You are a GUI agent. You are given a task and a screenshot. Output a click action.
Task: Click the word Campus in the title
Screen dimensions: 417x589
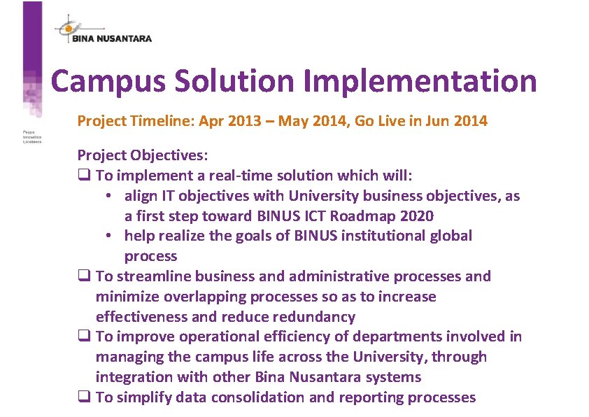(x=107, y=81)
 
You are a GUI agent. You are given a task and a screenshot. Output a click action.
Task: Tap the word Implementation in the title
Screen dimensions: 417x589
(x=421, y=81)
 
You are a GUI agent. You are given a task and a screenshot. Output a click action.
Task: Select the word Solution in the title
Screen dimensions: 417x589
(x=236, y=81)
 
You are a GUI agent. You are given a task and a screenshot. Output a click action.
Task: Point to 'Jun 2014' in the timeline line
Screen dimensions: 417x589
(x=458, y=120)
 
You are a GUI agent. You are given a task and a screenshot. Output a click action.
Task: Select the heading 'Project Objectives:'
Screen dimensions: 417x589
(x=143, y=155)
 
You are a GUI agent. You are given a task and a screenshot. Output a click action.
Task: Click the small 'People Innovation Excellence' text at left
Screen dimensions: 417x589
(x=32, y=136)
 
